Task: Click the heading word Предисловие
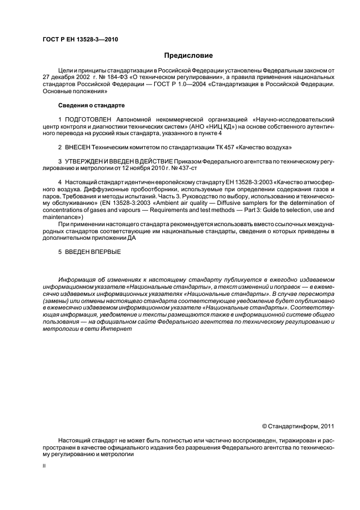point(188,56)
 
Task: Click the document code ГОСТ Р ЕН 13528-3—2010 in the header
point(80,40)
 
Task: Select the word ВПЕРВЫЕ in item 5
point(106,251)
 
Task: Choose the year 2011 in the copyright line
point(326,426)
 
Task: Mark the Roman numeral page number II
point(44,466)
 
